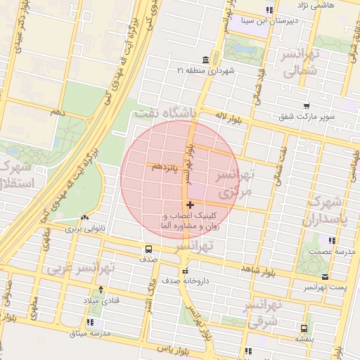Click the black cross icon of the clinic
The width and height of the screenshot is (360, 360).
190,205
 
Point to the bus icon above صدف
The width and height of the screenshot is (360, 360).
148,248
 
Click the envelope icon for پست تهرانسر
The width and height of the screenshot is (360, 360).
324,276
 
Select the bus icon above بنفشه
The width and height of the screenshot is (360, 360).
304,328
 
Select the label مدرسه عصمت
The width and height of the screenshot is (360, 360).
337,251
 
